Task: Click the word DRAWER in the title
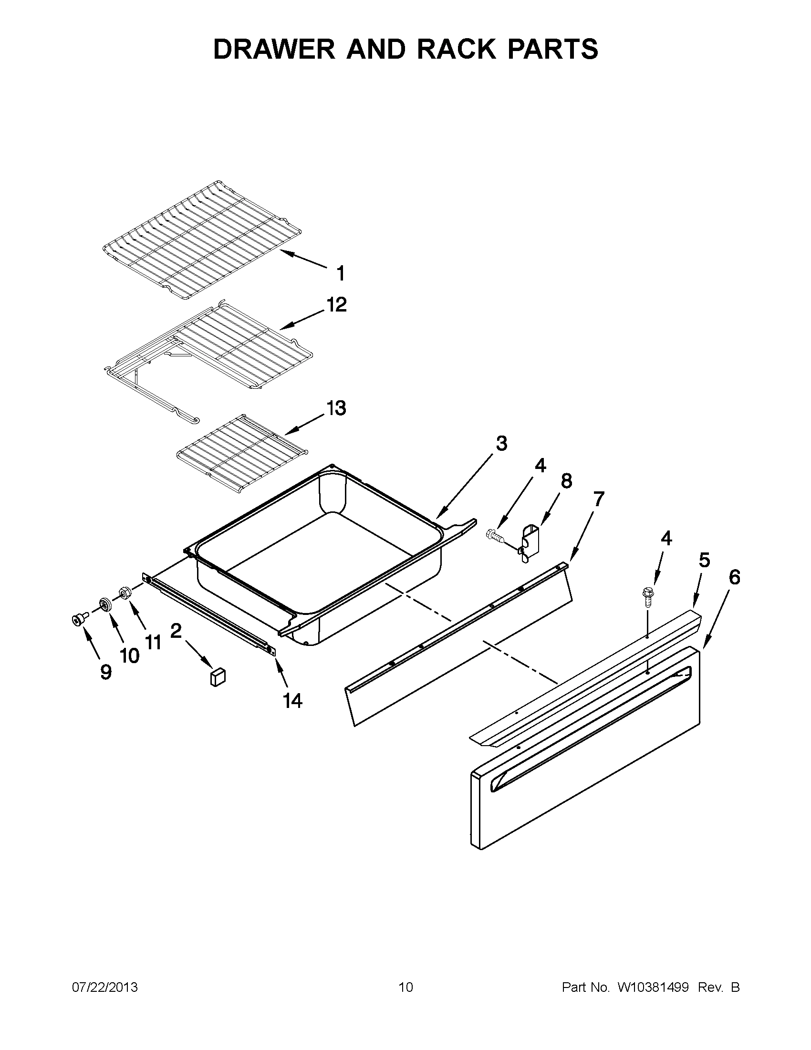[274, 49]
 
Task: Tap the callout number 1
[340, 273]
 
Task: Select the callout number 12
[336, 304]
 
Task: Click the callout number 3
[501, 443]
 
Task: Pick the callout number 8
[567, 481]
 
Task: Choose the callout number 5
[704, 560]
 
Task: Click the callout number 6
[734, 577]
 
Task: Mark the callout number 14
[292, 701]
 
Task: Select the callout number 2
[176, 630]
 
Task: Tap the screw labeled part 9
[78, 620]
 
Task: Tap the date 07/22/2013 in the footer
[105, 988]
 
